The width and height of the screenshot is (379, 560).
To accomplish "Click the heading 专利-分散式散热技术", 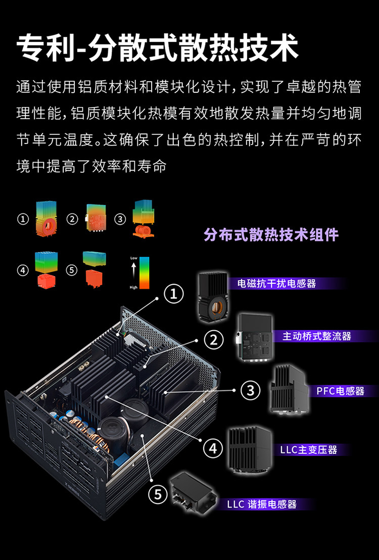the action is [x=157, y=48].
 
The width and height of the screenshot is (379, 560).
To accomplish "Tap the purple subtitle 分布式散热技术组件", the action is [x=271, y=235].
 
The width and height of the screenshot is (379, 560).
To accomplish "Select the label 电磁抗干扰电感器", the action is [x=277, y=284].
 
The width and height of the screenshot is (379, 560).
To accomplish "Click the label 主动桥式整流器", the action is [x=317, y=336].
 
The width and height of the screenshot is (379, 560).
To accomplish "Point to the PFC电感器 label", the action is [x=341, y=391].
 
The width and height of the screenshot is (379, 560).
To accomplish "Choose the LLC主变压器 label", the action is [x=309, y=449].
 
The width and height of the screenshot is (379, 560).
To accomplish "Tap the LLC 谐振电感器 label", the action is [x=262, y=504].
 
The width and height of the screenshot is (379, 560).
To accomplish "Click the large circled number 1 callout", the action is [x=174, y=293].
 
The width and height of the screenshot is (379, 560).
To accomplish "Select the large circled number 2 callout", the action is [x=214, y=340].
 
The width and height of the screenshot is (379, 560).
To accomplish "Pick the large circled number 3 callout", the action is [x=250, y=390].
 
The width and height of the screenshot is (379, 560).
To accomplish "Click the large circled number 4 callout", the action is [x=213, y=448].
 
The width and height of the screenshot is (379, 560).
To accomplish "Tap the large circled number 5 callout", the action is [x=158, y=495].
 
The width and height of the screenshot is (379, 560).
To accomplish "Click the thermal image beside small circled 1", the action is [x=46, y=219].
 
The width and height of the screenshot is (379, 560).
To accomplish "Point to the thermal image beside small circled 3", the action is [x=144, y=219].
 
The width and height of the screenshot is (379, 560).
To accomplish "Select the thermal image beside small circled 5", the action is [x=94, y=270].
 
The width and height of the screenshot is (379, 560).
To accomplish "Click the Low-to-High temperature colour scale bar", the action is [x=145, y=273].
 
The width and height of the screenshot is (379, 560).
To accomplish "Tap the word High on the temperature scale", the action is [x=134, y=287].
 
